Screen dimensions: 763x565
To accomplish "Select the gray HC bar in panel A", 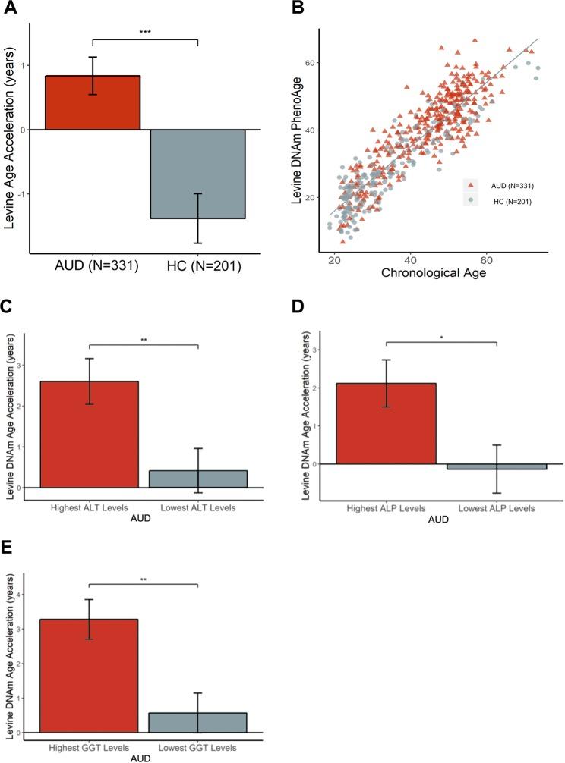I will [x=197, y=174].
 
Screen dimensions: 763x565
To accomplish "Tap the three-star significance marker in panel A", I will [x=145, y=33].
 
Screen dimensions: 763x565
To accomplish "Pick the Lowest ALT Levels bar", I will [x=197, y=479].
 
